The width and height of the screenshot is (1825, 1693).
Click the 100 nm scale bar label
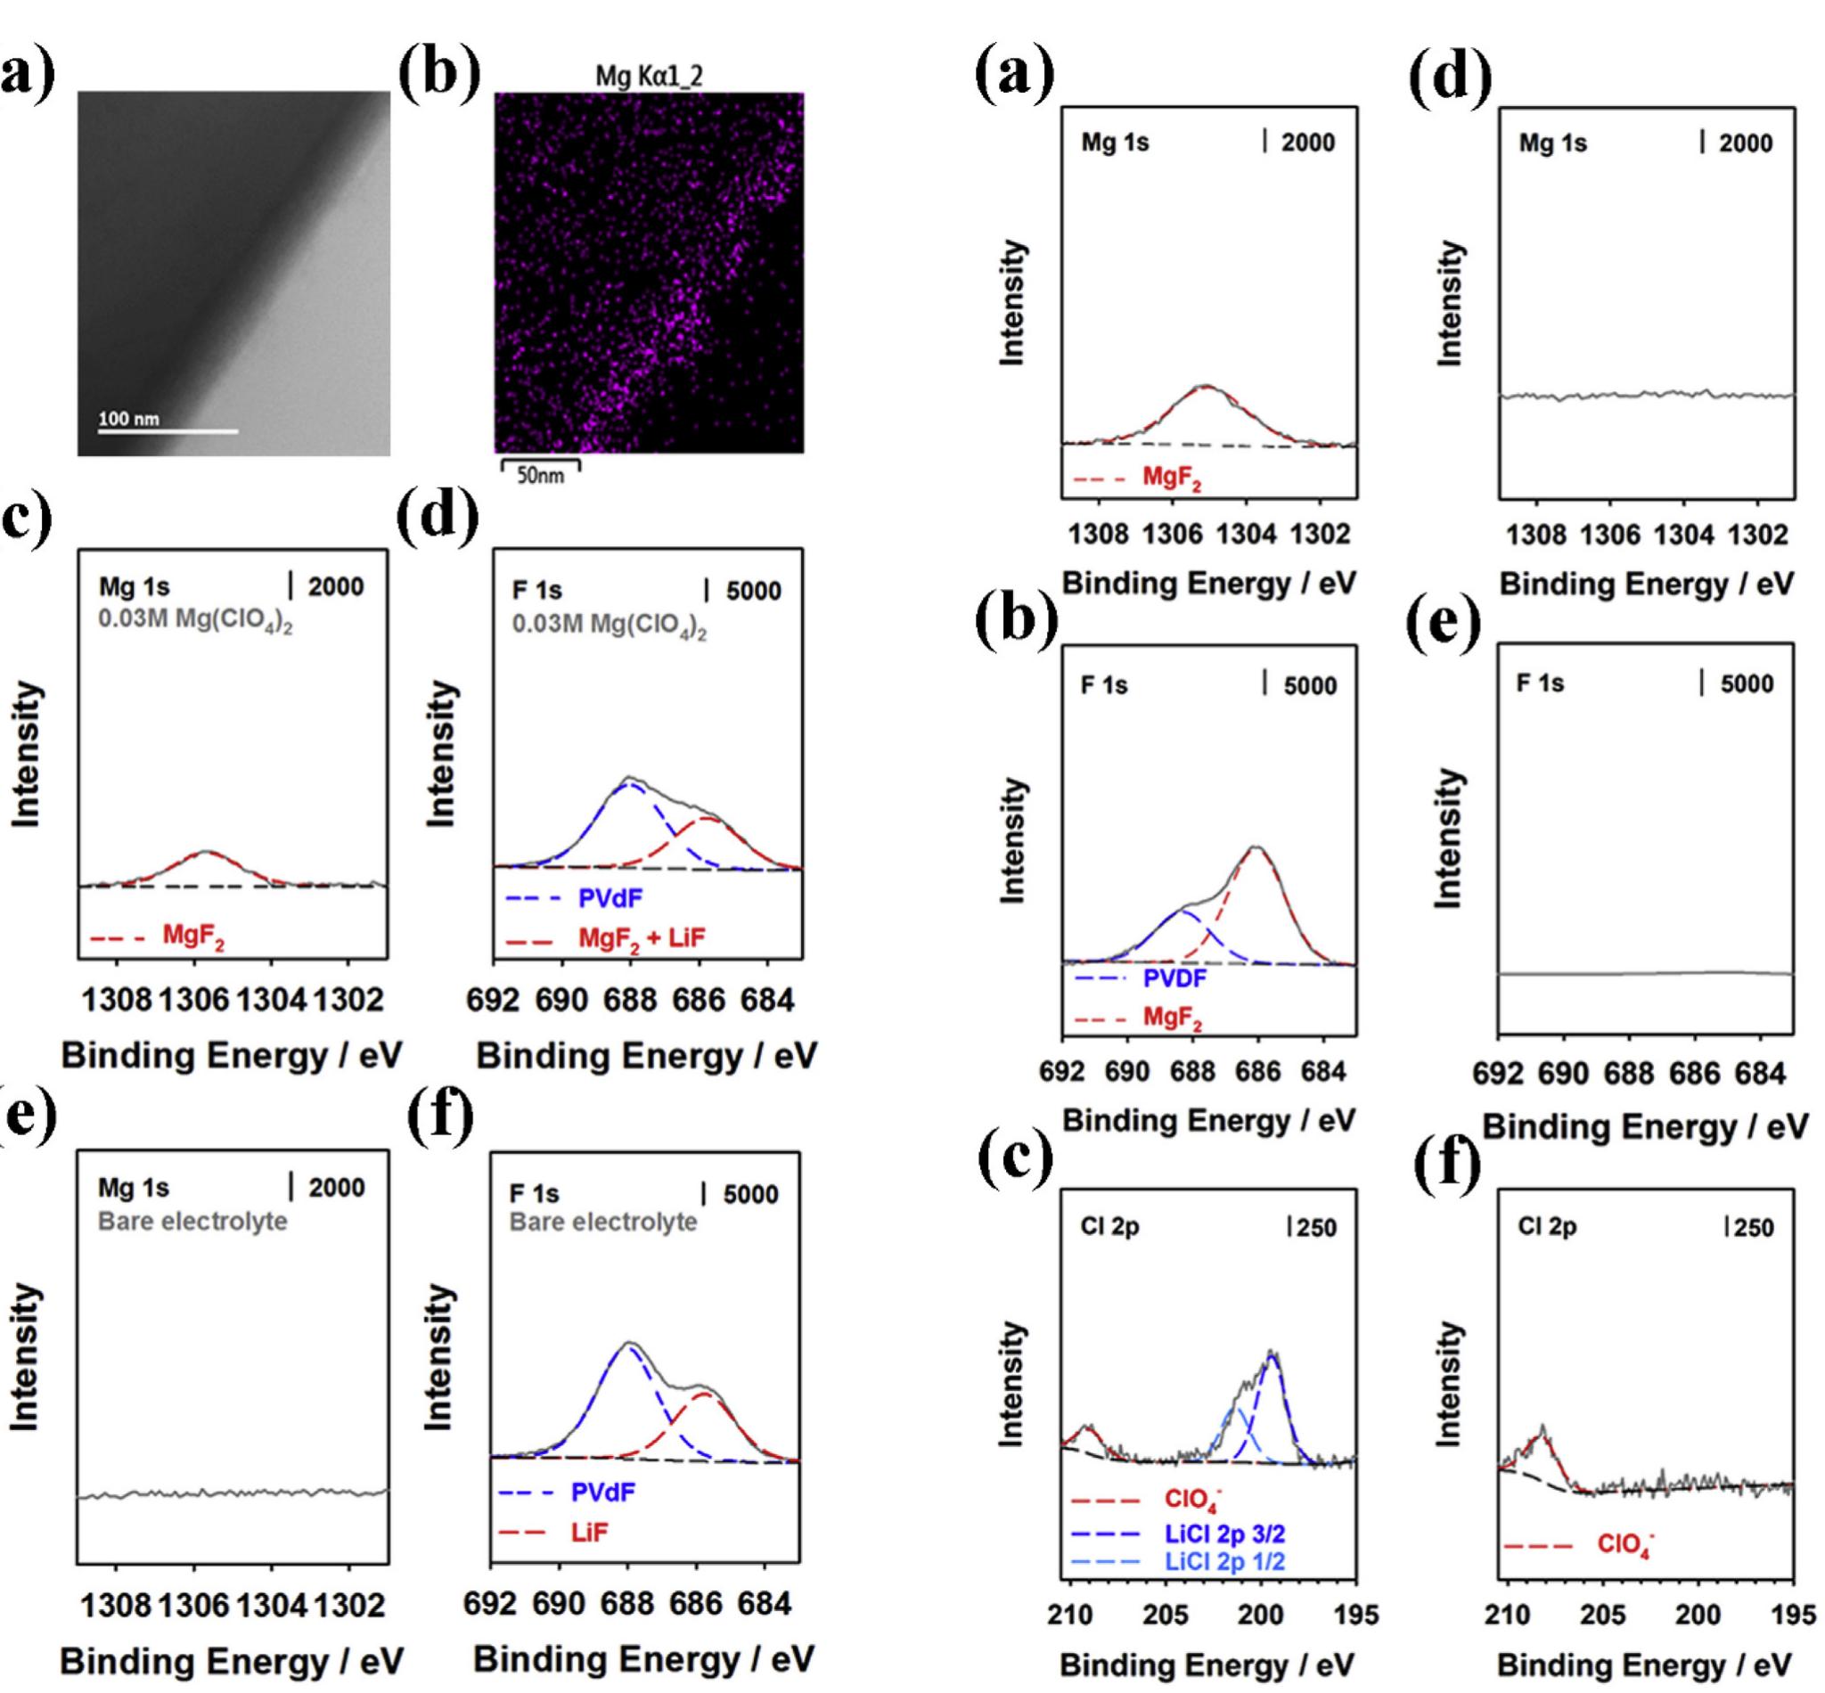pos(128,419)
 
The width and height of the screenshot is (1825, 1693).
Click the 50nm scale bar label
pos(541,476)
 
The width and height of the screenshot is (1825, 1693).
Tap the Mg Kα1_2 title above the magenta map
pos(649,76)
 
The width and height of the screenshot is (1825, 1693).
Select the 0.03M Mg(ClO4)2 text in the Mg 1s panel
pos(195,621)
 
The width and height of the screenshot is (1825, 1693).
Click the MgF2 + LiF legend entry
pos(642,937)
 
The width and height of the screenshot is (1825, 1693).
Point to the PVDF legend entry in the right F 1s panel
pos(1174,978)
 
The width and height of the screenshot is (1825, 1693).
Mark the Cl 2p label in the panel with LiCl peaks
pos(1109,1227)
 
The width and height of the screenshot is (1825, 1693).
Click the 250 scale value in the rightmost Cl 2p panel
pos(1754,1228)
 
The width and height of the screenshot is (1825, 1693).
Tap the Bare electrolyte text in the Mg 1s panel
pos(192,1222)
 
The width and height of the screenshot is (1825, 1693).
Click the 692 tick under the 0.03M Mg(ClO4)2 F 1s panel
pos(493,1000)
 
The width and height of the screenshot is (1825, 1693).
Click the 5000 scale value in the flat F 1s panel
pos(1747,684)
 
